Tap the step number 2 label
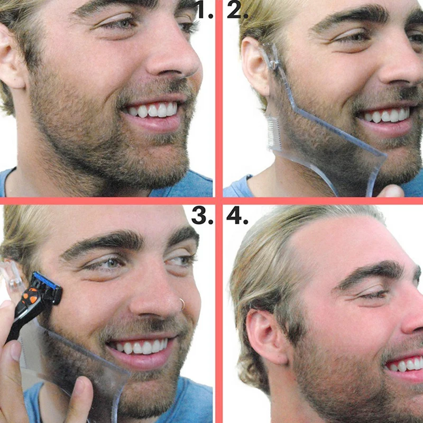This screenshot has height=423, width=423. click(x=237, y=10)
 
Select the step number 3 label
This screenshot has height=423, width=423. click(x=202, y=215)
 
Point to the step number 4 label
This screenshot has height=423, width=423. click(x=237, y=215)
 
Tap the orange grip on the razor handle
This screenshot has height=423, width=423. click(x=30, y=296)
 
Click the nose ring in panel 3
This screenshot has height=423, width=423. click(x=182, y=304)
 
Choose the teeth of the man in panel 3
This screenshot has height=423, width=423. click(x=141, y=347)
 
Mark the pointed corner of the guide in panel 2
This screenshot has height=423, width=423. click(x=387, y=156)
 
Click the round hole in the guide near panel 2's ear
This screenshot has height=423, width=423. click(x=274, y=64)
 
